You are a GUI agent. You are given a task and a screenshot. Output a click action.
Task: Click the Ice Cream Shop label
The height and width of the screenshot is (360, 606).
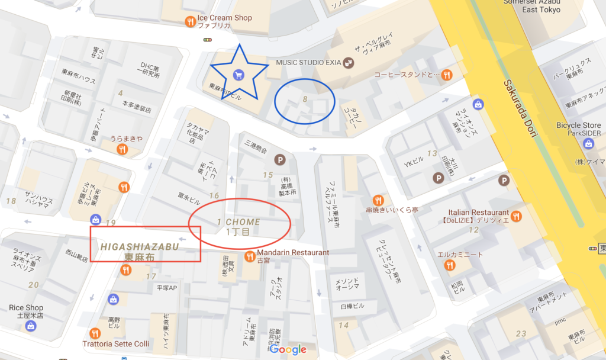227,18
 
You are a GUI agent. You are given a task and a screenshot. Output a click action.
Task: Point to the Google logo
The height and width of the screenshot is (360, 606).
289,349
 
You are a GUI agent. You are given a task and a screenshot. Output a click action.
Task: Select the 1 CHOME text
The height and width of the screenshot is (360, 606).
238,221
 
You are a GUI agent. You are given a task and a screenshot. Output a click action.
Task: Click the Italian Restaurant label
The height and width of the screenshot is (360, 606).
478,212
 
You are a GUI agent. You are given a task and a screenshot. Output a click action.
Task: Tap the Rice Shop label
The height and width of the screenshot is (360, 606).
26,308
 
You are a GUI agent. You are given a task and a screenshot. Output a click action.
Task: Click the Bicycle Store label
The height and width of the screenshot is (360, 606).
579,126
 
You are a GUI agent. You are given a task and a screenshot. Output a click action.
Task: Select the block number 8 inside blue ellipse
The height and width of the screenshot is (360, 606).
305,99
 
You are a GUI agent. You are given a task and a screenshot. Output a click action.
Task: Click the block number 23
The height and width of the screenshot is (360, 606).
521,333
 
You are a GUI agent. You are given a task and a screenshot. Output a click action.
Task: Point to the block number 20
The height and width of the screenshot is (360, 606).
33,285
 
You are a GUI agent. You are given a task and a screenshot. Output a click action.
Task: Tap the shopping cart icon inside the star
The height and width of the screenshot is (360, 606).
238,75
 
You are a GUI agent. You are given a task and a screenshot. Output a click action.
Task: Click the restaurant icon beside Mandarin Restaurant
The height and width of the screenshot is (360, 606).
250,256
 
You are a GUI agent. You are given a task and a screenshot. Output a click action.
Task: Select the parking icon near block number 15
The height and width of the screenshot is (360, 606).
279,160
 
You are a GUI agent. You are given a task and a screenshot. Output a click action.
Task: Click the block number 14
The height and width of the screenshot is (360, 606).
344,324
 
